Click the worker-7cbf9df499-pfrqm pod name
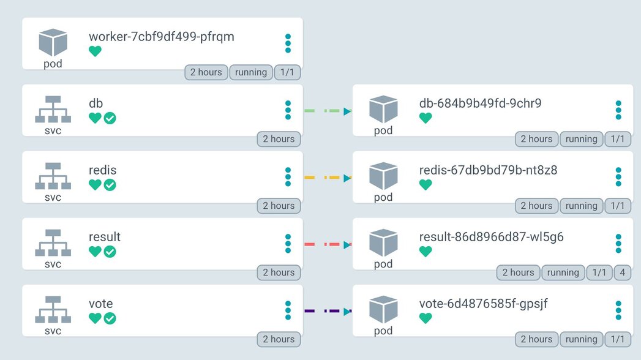pyautogui.click(x=161, y=37)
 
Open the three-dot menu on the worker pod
pyautogui.click(x=288, y=43)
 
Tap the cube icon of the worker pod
pyautogui.click(x=53, y=42)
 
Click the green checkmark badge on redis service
pyautogui.click(x=110, y=185)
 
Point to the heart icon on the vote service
pyautogui.click(x=95, y=318)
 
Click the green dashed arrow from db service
pyautogui.click(x=328, y=111)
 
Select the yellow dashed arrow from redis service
pyautogui.click(x=328, y=178)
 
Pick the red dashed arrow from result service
pyautogui.click(x=328, y=245)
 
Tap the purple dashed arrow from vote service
pyautogui.click(x=328, y=312)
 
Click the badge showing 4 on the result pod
pyautogui.click(x=622, y=272)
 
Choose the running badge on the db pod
pyautogui.click(x=581, y=139)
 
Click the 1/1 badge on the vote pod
pyautogui.click(x=618, y=339)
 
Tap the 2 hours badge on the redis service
pyautogui.click(x=279, y=206)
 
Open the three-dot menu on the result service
pyautogui.click(x=288, y=244)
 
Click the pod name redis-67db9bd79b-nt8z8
pyautogui.click(x=488, y=170)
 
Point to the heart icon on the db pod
pyautogui.click(x=425, y=118)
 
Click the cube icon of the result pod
pyautogui.click(x=383, y=242)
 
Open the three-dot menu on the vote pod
pyautogui.click(x=618, y=310)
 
